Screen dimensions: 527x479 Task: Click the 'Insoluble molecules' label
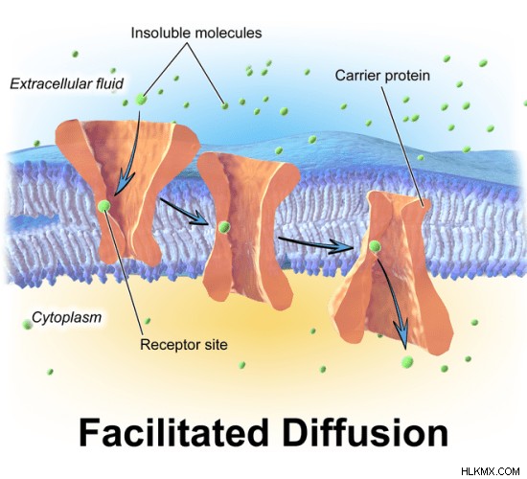pos(196,33)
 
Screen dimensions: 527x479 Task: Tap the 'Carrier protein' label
pos(382,76)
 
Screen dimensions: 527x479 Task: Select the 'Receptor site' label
pos(184,345)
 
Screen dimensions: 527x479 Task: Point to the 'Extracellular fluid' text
pos(66,83)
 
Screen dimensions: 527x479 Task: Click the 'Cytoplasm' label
pos(66,317)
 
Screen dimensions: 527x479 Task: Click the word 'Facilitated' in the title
pos(173,433)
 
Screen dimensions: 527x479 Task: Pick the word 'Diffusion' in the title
pos(365,433)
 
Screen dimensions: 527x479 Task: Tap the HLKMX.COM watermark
pos(491,471)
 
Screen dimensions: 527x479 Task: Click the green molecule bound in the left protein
pos(104,206)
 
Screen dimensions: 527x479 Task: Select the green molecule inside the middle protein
pos(224,228)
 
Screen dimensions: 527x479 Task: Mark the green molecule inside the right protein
pos(375,246)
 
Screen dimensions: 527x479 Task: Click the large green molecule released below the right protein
pos(407,362)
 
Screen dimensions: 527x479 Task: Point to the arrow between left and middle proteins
pos(184,212)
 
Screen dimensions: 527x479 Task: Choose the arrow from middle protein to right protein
pos(316,244)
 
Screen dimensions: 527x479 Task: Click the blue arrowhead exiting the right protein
pos(402,332)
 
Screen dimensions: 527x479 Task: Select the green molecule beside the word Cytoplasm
pos(27,325)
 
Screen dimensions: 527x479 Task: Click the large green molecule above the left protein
pos(141,100)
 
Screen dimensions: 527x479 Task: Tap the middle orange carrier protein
pos(248,230)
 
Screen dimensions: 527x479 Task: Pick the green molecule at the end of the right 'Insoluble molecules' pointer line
pos(224,106)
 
